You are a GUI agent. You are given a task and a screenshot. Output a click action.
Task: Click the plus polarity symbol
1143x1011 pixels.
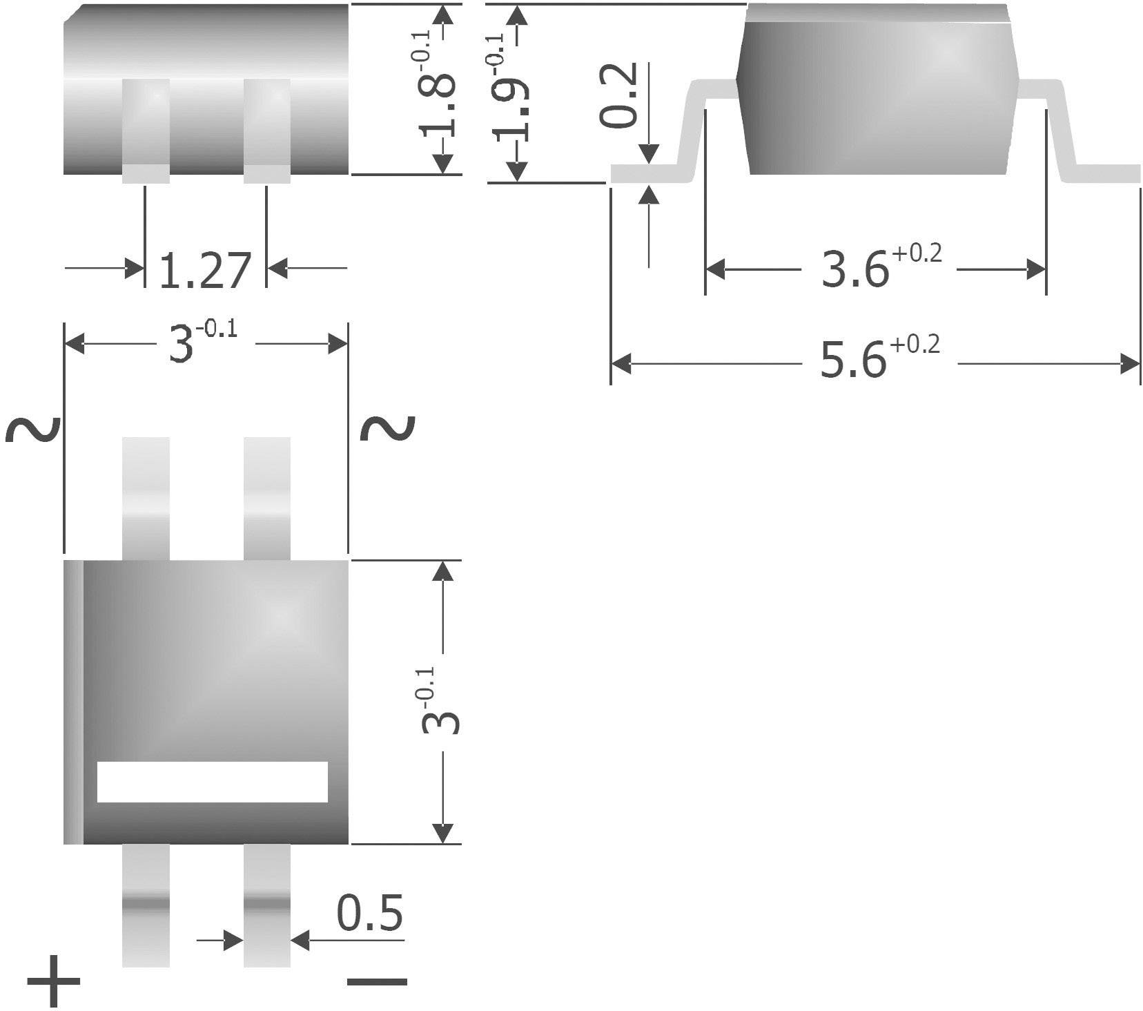pos(54,981)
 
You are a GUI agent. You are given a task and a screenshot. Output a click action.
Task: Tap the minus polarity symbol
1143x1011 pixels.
pos(377,982)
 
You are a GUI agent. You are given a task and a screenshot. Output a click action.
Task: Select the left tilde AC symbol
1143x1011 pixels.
pos(32,430)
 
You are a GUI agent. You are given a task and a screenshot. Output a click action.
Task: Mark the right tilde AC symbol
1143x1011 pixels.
pos(389,430)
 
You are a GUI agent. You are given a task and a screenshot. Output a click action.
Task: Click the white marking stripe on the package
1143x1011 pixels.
pos(212,782)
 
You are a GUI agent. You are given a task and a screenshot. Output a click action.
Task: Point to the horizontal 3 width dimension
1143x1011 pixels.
pos(200,343)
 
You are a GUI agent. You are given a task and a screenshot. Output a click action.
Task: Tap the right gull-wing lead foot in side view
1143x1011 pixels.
pos(1104,173)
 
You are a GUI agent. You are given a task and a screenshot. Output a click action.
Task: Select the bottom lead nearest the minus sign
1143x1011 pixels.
pos(267,905)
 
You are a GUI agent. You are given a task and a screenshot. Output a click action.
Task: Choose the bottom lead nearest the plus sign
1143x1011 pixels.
pos(146,905)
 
